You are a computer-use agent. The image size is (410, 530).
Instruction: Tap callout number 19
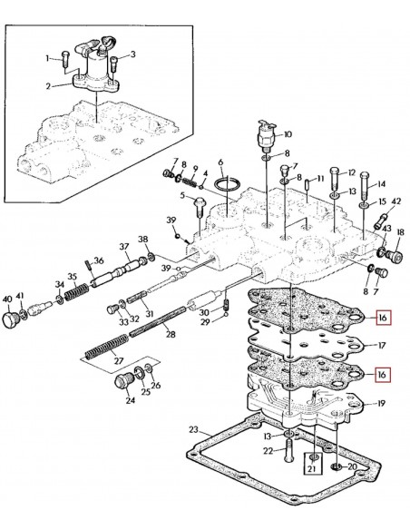tap(383, 403)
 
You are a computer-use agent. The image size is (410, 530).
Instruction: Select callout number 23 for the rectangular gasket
tap(193, 428)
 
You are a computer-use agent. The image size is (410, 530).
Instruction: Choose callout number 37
tap(123, 247)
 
